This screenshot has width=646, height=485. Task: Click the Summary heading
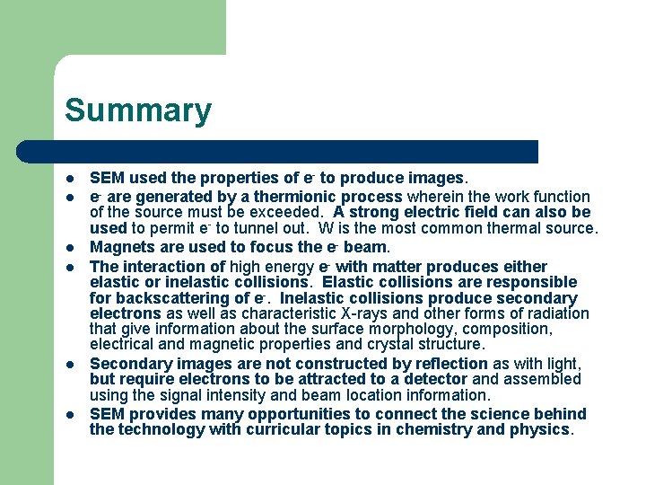138,110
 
